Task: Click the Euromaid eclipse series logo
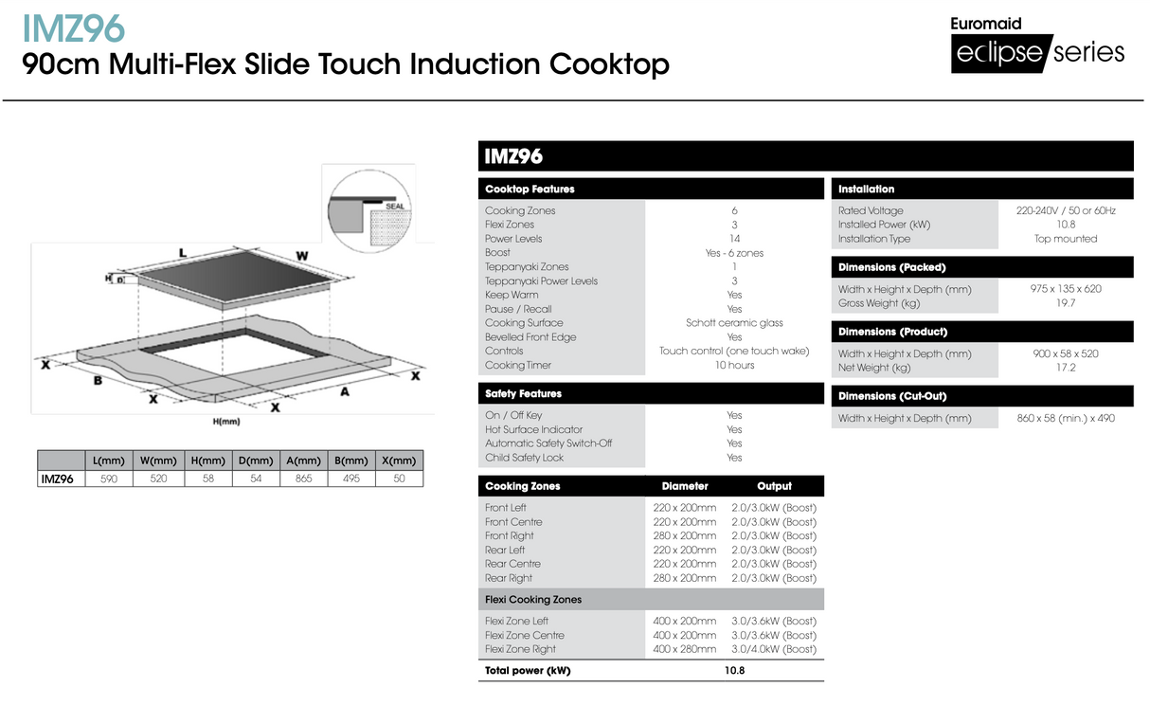(x=1038, y=45)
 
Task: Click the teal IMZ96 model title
(x=73, y=27)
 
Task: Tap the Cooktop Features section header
(x=530, y=190)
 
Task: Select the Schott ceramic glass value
(x=734, y=323)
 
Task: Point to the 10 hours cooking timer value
(x=734, y=365)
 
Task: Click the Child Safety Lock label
(x=524, y=458)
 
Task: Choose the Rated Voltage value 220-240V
(x=1066, y=210)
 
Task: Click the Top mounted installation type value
(x=1066, y=239)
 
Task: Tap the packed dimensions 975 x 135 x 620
(x=1066, y=289)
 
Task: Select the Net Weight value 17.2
(x=1066, y=368)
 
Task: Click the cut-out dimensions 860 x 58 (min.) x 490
(x=1066, y=418)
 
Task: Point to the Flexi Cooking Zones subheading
(x=533, y=600)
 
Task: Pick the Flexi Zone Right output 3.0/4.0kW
(x=773, y=649)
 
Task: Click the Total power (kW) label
(x=528, y=671)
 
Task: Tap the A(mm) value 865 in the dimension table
(x=303, y=479)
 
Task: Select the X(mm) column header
(x=399, y=461)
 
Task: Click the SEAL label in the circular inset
(x=395, y=206)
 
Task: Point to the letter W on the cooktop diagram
(x=301, y=256)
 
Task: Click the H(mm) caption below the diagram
(x=226, y=421)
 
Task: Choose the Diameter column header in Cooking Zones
(x=685, y=486)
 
